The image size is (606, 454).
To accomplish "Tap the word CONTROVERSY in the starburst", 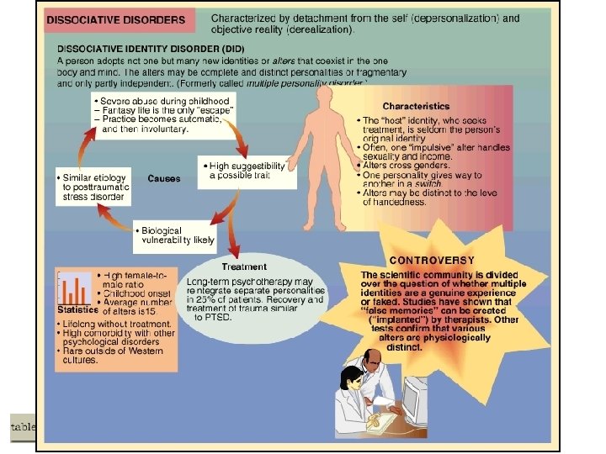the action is pos(432,260).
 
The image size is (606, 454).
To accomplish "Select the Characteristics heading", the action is pos(416,106).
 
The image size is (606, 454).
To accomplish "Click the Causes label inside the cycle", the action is pos(163,178).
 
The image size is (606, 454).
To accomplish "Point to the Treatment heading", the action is pos(244,267).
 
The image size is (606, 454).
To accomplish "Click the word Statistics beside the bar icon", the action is pos(77,309).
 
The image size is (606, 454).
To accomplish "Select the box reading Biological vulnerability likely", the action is pos(174,234).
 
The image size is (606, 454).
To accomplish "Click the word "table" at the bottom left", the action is pos(22,427).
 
